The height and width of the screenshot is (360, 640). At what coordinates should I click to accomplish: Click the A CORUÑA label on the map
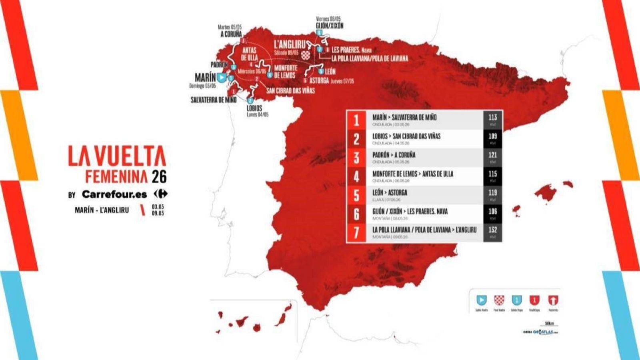(231, 34)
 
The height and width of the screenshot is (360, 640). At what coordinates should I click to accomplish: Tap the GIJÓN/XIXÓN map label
(329, 26)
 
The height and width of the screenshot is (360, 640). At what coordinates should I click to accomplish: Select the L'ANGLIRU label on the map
(290, 44)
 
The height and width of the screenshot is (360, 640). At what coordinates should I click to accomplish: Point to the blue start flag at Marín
(221, 77)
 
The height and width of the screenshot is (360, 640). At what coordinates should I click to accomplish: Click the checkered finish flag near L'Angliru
(306, 54)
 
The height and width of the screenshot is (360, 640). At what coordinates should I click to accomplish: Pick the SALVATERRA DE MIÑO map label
(214, 100)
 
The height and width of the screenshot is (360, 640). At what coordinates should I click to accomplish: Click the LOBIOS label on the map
(254, 108)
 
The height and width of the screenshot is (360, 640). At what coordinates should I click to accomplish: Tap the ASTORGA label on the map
(319, 80)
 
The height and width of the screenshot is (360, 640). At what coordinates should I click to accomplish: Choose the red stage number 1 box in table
(356, 120)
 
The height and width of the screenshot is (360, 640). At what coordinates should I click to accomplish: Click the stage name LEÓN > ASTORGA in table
(390, 192)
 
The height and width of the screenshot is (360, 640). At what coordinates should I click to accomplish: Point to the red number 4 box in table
(356, 176)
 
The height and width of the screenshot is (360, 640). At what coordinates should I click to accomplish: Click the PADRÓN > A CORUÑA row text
(394, 155)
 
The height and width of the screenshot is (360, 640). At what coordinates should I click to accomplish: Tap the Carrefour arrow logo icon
(160, 194)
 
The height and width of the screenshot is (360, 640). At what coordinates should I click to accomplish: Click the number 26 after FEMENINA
(159, 176)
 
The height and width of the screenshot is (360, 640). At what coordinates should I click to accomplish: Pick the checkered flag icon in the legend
(499, 300)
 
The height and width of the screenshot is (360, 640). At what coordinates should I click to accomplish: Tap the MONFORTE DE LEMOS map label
(286, 72)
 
